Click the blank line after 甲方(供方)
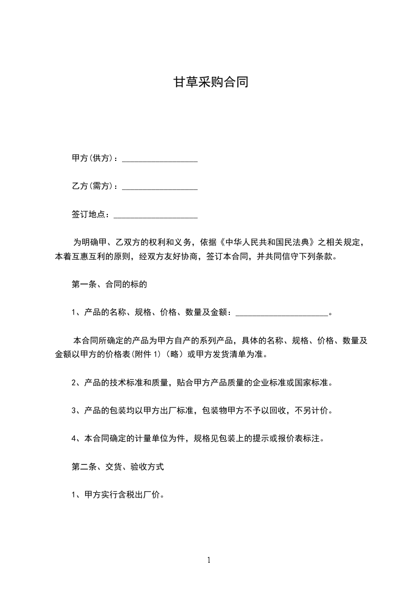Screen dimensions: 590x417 click(160, 159)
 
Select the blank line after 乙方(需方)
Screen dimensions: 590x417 click(160, 187)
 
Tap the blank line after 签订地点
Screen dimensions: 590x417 click(156, 215)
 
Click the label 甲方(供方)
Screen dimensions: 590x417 click(93, 159)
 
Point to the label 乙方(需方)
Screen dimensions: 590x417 click(93, 187)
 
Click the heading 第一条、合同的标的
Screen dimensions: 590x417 click(108, 284)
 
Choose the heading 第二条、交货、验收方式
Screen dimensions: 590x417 click(117, 466)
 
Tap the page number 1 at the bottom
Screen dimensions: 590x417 click(209, 560)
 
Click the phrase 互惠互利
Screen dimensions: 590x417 click(92, 257)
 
